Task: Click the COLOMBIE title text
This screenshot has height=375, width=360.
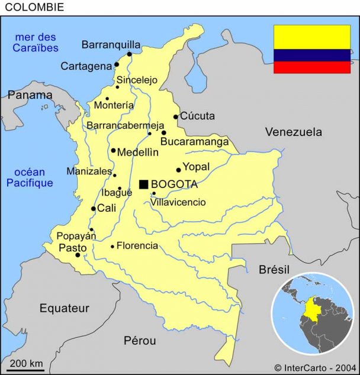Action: click(x=34, y=7)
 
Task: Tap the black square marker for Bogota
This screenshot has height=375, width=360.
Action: click(x=143, y=185)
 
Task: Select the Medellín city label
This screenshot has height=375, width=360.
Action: click(x=137, y=152)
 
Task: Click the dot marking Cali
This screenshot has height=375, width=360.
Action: click(x=94, y=209)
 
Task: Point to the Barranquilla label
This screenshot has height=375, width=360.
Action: click(x=111, y=44)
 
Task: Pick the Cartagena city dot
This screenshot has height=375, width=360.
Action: click(x=117, y=64)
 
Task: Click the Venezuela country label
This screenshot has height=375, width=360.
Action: click(x=293, y=132)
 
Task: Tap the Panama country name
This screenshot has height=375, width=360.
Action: click(x=30, y=95)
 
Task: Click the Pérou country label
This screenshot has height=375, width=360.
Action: click(x=140, y=341)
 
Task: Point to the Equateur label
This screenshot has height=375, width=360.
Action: click(x=64, y=308)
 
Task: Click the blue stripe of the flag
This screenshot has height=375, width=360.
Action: click(x=311, y=56)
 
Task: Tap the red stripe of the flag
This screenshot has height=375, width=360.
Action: click(x=311, y=67)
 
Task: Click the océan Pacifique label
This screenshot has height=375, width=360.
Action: click(x=30, y=177)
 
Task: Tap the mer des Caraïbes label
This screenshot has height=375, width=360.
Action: click(x=37, y=43)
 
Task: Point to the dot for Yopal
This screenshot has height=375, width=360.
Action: click(x=178, y=170)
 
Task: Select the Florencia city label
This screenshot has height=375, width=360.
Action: click(x=137, y=245)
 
